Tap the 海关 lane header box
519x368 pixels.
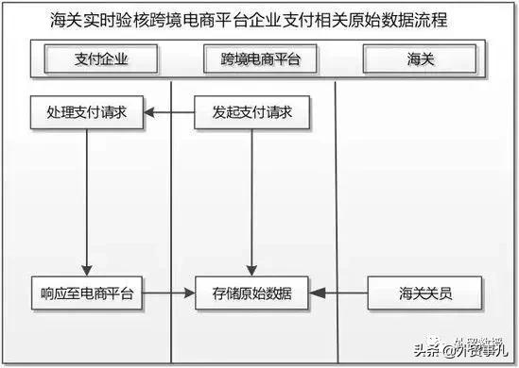(x=415, y=59)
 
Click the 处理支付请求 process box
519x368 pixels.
(x=86, y=113)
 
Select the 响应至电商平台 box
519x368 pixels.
(x=86, y=293)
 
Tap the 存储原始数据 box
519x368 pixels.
(x=252, y=293)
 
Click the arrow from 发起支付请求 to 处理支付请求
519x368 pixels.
(x=168, y=113)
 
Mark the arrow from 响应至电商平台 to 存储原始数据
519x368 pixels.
(x=168, y=293)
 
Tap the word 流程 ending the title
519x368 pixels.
(x=429, y=20)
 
